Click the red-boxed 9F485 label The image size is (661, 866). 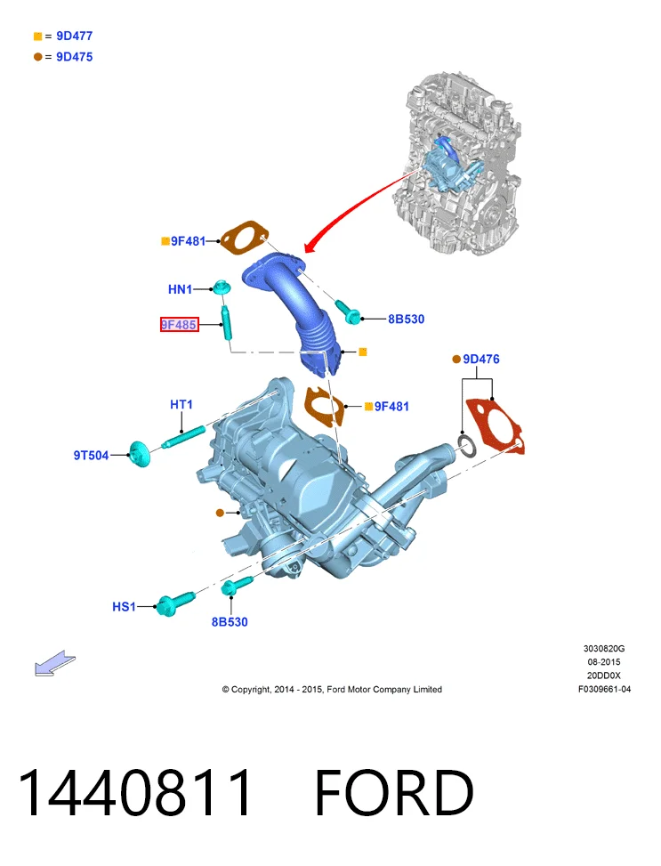tap(179, 325)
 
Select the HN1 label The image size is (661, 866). tap(180, 289)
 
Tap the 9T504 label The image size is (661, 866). tap(91, 455)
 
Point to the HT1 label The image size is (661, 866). tap(181, 405)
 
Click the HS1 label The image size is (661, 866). tap(124, 606)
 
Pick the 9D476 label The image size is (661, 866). tap(481, 359)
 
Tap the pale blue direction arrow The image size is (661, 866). tap(54, 663)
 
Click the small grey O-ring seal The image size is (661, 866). tap(467, 446)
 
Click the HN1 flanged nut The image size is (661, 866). tap(222, 287)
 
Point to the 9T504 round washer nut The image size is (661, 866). tap(139, 454)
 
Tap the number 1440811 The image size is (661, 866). tap(134, 792)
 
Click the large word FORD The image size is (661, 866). tap(394, 792)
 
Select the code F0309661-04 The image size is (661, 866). tap(604, 689)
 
